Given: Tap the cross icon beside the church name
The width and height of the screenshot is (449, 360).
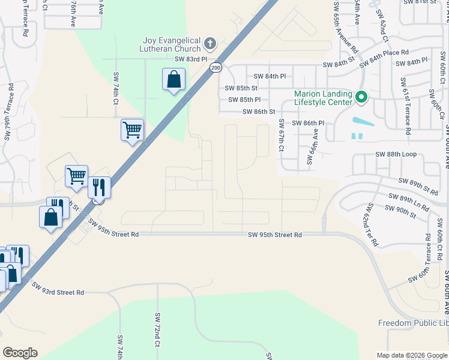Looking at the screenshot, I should click(x=209, y=43).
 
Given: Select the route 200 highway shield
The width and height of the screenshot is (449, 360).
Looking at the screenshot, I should click(x=215, y=68).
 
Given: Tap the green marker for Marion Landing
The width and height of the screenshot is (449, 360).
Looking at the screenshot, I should click(x=361, y=97).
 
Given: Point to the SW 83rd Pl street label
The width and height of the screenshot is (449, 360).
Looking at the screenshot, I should click(x=190, y=59).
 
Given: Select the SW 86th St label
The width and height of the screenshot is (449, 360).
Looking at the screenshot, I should click(x=259, y=112).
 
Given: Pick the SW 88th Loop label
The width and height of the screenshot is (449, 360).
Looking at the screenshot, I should click(x=396, y=154).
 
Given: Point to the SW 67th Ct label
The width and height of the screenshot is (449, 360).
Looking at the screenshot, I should click(x=281, y=136).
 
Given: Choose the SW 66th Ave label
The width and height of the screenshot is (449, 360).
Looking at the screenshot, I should click(x=310, y=149).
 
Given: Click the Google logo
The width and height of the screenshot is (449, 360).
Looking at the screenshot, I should click(x=20, y=353).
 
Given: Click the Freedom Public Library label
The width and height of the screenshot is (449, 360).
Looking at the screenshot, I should click(x=413, y=323).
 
